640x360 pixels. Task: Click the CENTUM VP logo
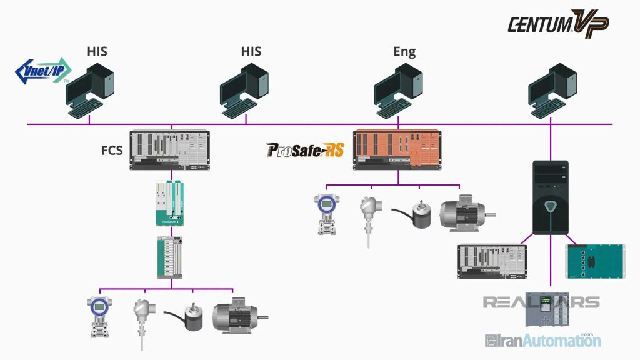pos(557,23)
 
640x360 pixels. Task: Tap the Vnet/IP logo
pos(43,71)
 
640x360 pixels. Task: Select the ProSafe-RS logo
pos(305,149)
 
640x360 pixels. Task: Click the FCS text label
pos(112,151)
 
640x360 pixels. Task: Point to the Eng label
pos(404,52)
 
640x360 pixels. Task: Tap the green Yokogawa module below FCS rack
pos(169,203)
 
